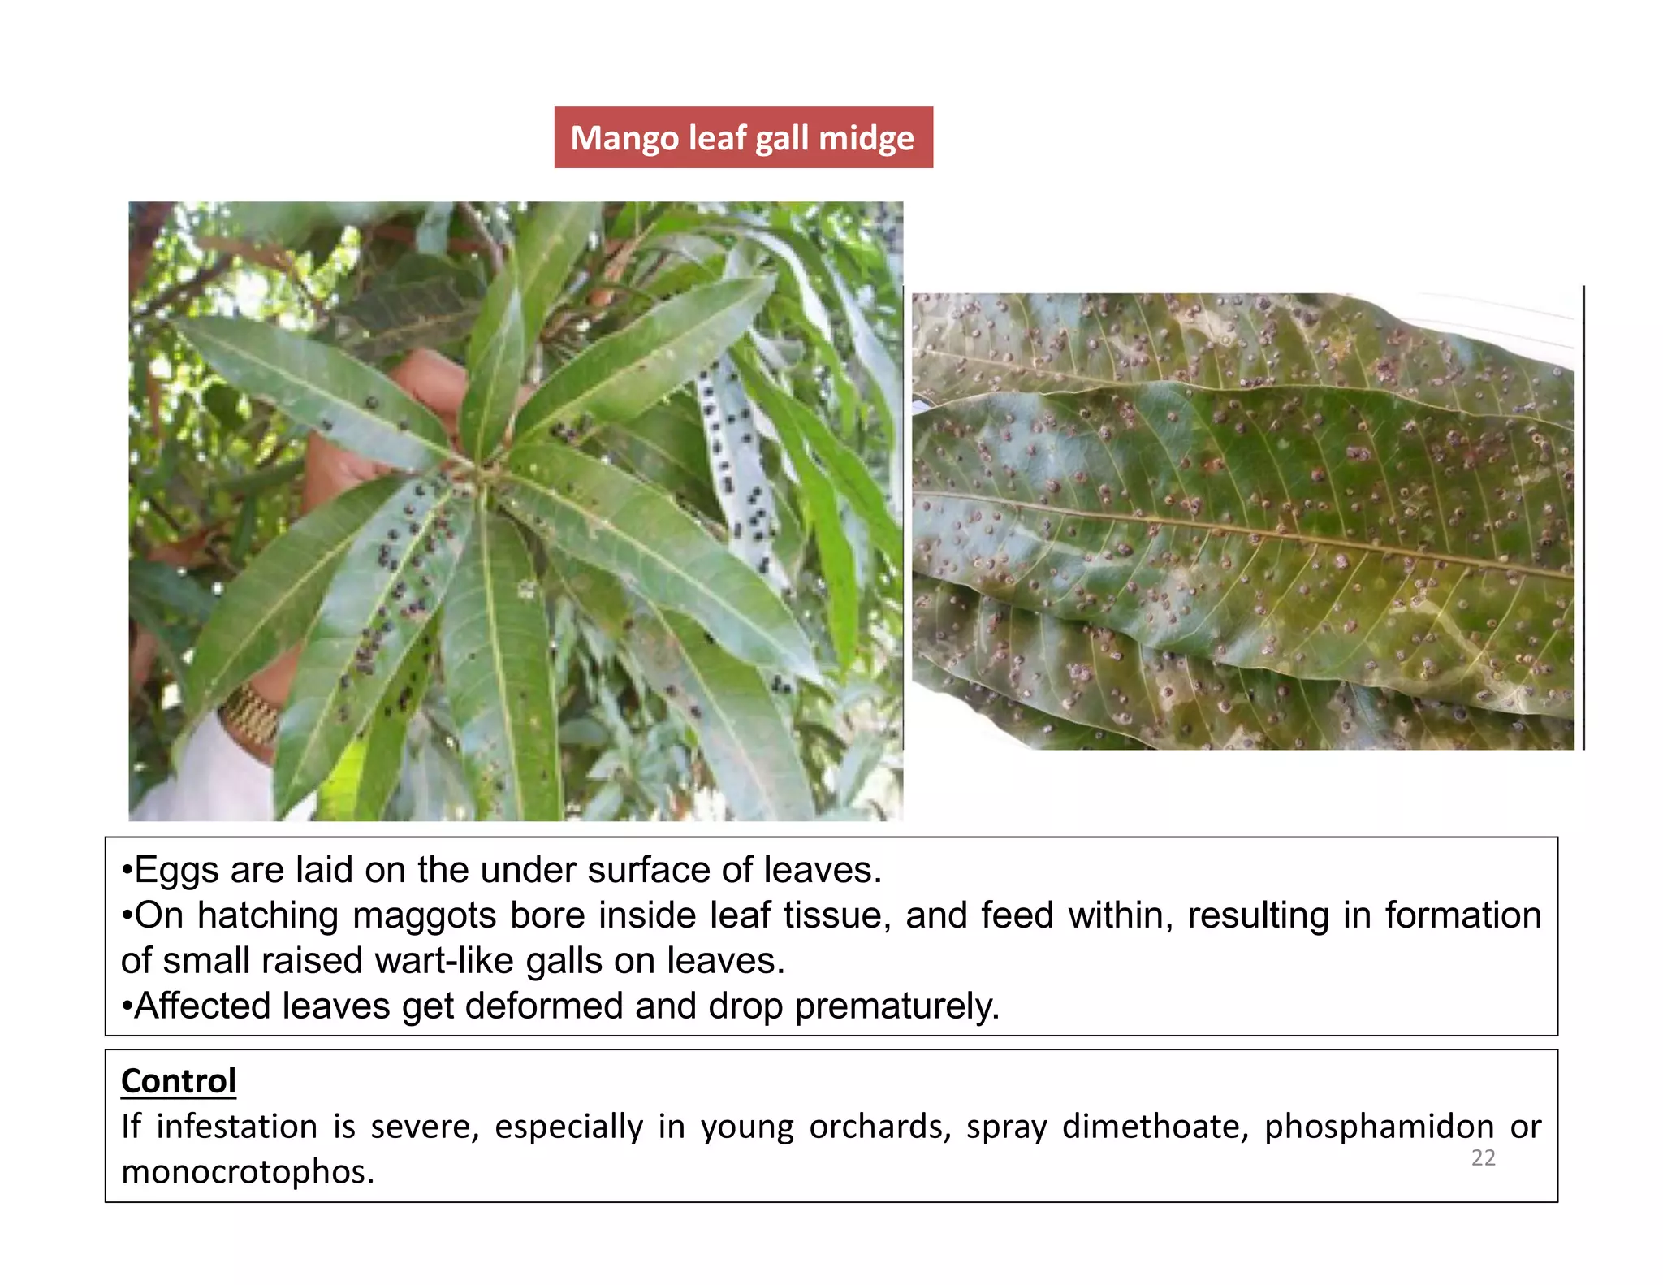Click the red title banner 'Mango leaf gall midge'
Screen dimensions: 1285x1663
(743, 137)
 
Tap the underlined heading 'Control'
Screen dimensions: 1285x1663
(179, 1081)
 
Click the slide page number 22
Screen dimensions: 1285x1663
(1483, 1157)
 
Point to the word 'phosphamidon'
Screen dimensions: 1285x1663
(1379, 1127)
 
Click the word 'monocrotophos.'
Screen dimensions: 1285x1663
(248, 1172)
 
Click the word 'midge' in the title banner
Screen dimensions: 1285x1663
(866, 137)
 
